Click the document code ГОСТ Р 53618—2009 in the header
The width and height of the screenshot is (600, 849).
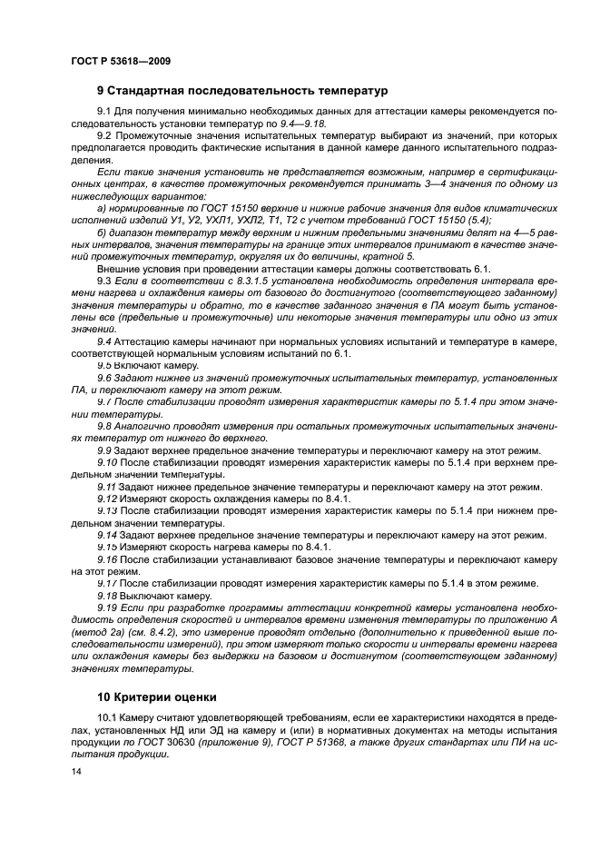tap(120, 61)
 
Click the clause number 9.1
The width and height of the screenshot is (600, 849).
tap(105, 111)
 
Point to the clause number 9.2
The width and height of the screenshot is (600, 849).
tap(105, 135)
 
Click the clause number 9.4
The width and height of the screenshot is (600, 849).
tap(105, 341)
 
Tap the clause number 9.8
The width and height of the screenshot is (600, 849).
tap(105, 425)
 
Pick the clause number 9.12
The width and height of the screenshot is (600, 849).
tap(108, 499)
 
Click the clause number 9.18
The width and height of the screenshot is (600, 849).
tap(108, 596)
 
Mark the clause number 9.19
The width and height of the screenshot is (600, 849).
tap(108, 608)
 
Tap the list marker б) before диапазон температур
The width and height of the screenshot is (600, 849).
tap(103, 232)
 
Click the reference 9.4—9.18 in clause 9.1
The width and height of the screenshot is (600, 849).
tap(301, 123)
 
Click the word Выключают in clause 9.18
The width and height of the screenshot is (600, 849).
tap(150, 596)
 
